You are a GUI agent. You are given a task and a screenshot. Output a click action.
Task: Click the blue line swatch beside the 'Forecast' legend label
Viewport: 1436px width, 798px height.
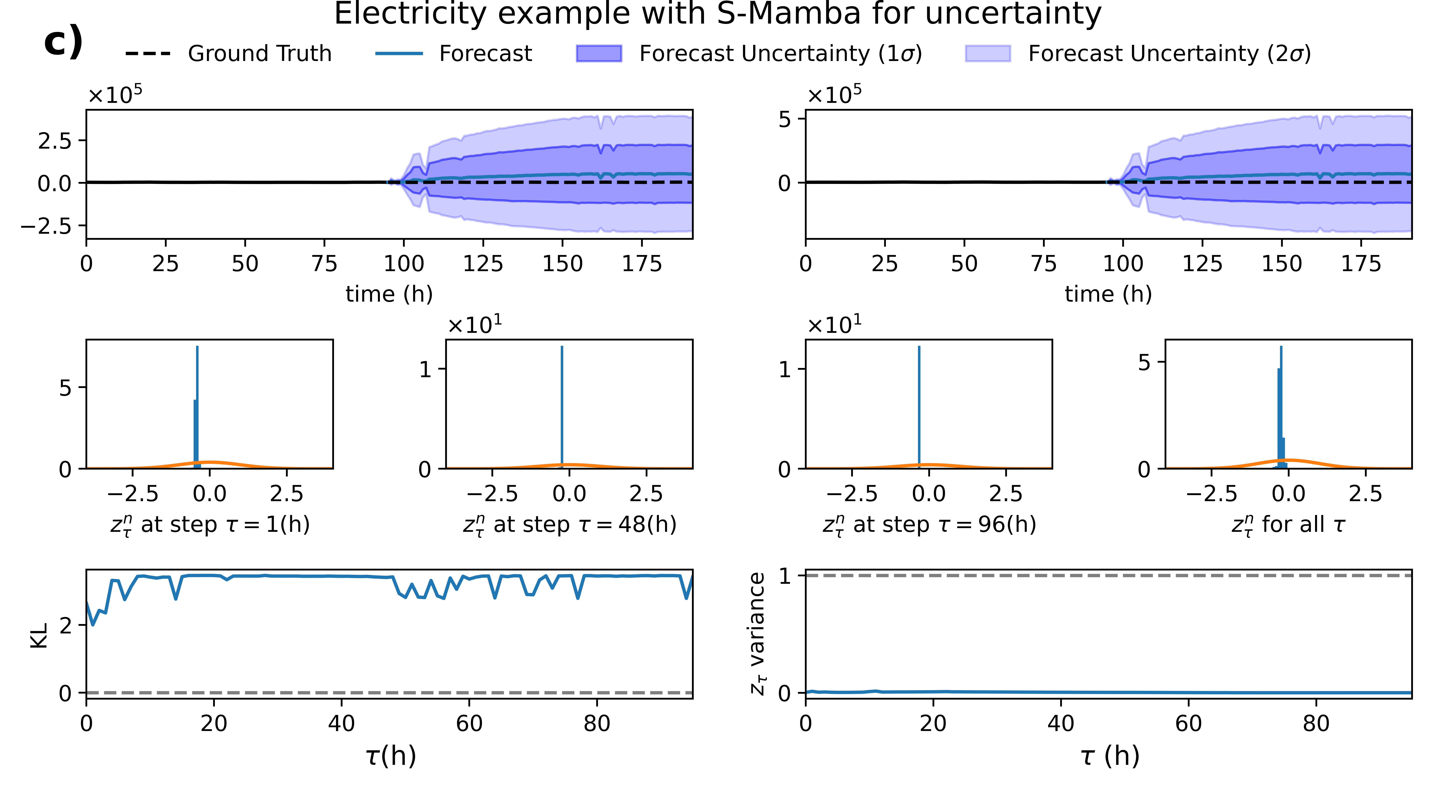coord(399,54)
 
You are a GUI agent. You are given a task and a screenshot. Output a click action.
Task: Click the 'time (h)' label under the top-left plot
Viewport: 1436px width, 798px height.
coord(389,294)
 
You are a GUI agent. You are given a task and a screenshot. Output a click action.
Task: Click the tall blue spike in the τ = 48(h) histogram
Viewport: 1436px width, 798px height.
coord(562,407)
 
